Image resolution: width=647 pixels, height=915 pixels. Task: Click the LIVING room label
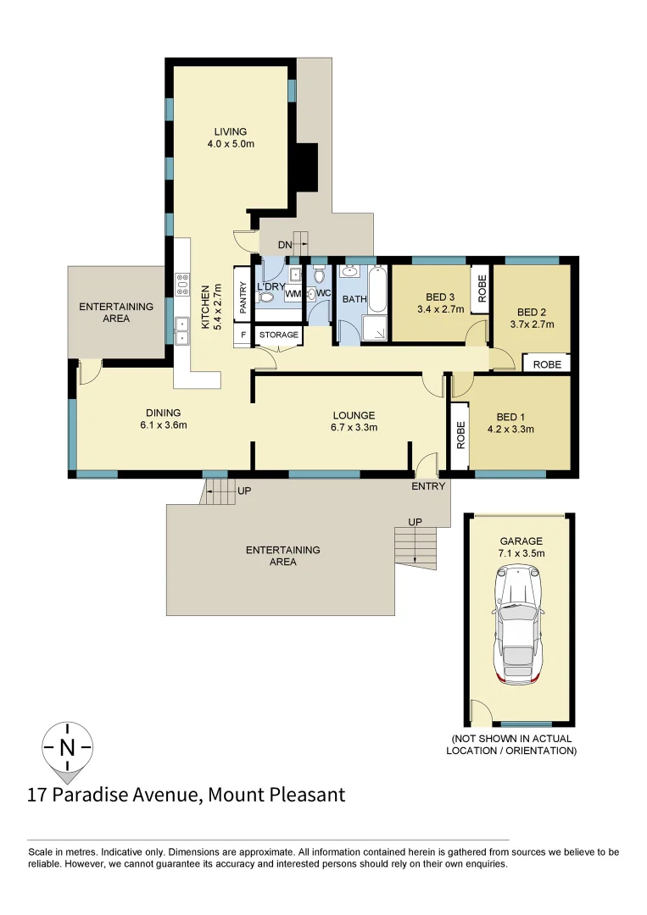pos(231,131)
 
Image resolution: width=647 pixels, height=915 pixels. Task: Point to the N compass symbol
pos(68,747)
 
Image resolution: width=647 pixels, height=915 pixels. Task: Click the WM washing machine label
pos(293,294)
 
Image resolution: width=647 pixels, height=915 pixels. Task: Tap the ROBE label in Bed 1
pos(461,435)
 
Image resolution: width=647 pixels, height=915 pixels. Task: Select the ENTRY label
pos(428,486)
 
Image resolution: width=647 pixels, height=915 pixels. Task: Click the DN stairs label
pos(285,245)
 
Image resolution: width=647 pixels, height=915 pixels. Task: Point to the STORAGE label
pos(279,335)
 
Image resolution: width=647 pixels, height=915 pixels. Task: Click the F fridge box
pos(243,335)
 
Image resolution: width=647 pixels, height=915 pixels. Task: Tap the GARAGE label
pos(521,541)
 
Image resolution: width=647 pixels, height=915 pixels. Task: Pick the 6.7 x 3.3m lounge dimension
pos(354,428)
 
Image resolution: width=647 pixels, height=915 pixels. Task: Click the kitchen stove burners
pos(181,281)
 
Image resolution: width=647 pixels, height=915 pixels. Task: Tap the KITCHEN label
pos(205,305)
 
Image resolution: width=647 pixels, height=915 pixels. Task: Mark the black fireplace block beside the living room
pos(306,167)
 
